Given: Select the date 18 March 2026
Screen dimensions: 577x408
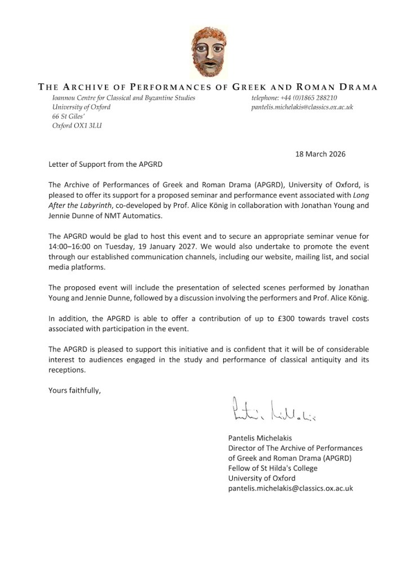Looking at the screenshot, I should click(x=321, y=154).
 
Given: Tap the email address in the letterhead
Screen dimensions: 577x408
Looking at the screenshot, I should click(x=302, y=106).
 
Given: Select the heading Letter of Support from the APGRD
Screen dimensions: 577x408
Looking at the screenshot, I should click(x=104, y=164).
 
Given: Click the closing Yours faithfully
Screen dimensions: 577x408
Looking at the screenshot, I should click(x=74, y=390).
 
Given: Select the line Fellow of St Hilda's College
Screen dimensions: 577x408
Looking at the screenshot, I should click(x=273, y=468).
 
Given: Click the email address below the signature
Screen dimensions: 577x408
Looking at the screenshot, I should click(x=290, y=489).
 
